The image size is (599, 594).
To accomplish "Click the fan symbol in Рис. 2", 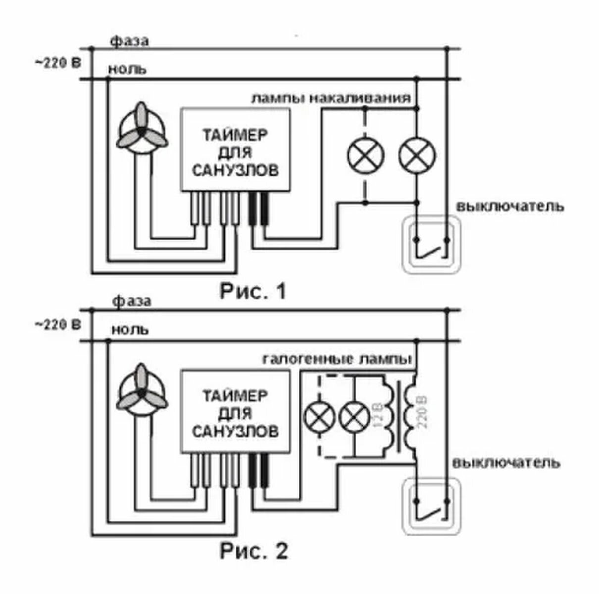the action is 142,390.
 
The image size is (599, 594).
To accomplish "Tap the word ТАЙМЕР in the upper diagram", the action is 235,135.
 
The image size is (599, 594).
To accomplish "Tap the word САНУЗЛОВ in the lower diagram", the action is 235,432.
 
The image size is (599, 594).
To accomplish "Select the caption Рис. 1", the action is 252,291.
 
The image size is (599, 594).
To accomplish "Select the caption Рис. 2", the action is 253,551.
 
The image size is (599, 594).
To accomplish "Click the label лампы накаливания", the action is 331,98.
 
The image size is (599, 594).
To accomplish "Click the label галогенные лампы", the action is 338,359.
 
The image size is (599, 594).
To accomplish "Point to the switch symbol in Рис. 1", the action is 432,245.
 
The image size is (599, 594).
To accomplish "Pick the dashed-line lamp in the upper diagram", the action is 365,155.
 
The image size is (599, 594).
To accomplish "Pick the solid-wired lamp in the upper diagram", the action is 417,155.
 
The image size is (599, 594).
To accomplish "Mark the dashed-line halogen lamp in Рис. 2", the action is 319,417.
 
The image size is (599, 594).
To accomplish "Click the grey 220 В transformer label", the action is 423,412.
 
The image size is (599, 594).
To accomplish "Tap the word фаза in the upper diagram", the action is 129,41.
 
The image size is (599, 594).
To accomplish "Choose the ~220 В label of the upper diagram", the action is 57,63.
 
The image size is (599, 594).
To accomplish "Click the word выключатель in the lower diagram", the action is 506,463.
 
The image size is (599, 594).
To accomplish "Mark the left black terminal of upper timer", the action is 252,208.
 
